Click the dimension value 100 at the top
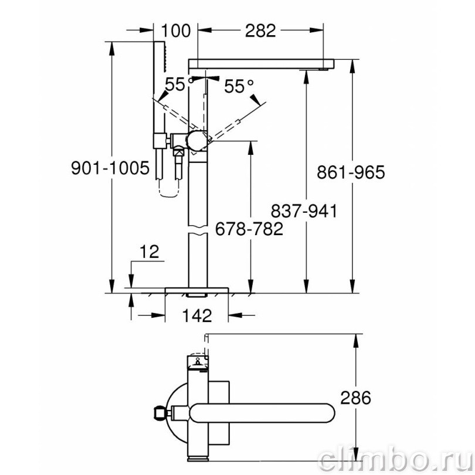pyautogui.click(x=176, y=30)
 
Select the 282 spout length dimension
pyautogui.click(x=260, y=30)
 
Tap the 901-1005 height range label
pyautogui.click(x=110, y=168)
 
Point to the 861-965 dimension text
pyautogui.click(x=351, y=172)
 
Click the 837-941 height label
pyautogui.click(x=304, y=211)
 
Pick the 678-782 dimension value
pyautogui.click(x=249, y=229)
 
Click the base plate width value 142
pyautogui.click(x=197, y=315)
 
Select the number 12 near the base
pyautogui.click(x=150, y=252)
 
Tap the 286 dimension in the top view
pyautogui.click(x=355, y=398)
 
